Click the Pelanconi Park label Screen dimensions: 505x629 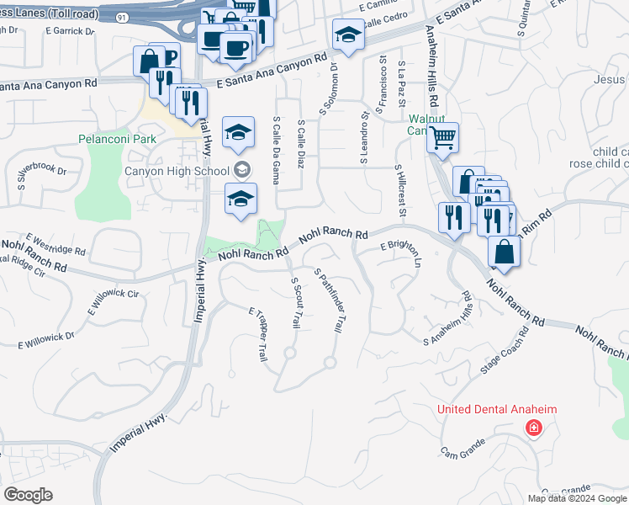[117, 138]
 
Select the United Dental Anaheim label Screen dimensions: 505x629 [497, 410]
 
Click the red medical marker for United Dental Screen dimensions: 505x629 [532, 429]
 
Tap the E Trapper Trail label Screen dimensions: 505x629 [256, 334]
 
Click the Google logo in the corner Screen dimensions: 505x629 [28, 495]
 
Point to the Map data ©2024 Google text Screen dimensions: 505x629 [577, 498]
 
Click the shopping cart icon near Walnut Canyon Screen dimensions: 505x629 [442, 136]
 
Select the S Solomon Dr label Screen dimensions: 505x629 [327, 88]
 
